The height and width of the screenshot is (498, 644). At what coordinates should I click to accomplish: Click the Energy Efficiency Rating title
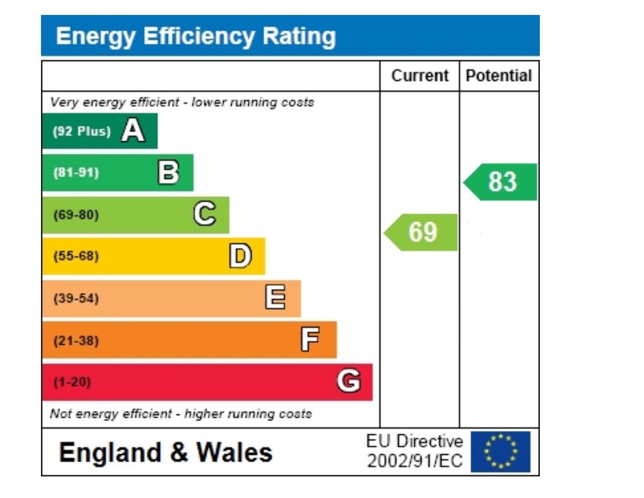pos(196,37)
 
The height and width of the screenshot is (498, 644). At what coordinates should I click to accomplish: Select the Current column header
pos(420,76)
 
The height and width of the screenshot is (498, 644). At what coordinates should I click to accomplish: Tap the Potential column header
pos(499,76)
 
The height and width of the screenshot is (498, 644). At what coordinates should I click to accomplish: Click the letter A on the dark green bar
pos(133,131)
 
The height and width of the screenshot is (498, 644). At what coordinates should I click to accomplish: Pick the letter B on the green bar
pos(168,173)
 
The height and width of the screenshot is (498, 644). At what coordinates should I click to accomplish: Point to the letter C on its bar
pos(205,214)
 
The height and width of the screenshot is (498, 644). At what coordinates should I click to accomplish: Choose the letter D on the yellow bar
pos(241,256)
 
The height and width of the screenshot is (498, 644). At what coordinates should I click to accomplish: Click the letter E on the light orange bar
pos(275,298)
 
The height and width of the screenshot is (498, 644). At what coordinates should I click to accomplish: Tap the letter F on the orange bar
pos(310,340)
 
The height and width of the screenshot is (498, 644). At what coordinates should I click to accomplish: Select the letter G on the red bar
pos(349,382)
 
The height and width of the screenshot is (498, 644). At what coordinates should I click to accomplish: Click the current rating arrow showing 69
pos(422,232)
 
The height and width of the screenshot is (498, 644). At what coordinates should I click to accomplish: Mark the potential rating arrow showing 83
pos(501,182)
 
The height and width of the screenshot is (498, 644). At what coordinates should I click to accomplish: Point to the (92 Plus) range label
pos(81,132)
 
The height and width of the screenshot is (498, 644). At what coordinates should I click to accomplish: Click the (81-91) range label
pos(76,173)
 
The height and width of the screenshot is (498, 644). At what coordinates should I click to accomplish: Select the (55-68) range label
pos(76,256)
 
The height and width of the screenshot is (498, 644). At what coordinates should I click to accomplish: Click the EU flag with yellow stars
pos(500,451)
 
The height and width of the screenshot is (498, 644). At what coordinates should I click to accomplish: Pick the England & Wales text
pos(166,453)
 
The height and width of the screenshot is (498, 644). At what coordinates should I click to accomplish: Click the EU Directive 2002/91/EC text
pos(415,451)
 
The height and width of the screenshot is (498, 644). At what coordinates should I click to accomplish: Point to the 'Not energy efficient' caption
pos(181,414)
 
